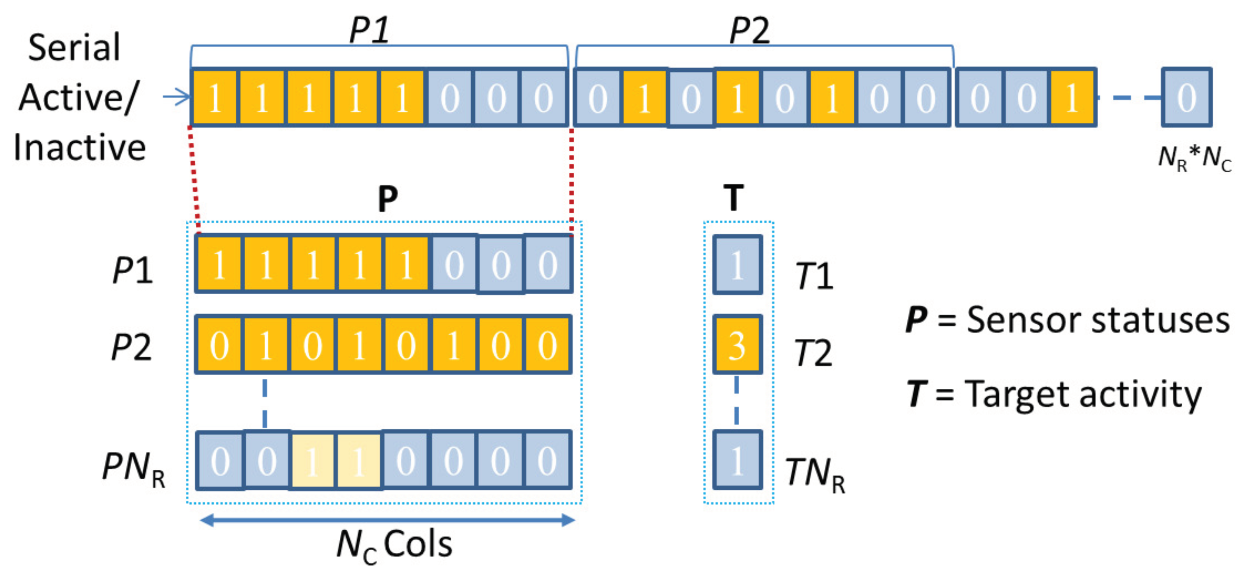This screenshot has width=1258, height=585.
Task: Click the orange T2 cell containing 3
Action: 737,345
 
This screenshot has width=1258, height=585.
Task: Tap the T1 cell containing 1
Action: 737,265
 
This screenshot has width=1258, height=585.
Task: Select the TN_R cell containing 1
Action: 737,460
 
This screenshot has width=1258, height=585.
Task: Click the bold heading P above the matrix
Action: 388,199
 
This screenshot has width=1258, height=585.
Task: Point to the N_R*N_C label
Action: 1195,159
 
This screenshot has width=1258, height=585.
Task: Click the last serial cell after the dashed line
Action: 1186,97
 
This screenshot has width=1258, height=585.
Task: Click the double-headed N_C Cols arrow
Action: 387,520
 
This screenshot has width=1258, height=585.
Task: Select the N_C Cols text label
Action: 395,546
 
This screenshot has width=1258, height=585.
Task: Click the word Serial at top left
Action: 74,47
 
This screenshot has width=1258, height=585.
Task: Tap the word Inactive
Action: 80,148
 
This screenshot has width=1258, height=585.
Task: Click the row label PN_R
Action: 133,467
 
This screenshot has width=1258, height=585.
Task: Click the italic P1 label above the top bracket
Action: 369,30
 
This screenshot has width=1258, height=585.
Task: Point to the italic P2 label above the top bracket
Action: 749,30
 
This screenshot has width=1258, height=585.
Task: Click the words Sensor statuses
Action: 1098,320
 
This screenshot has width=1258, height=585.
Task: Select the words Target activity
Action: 1083,394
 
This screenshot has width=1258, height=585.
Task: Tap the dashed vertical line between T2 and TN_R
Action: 736,400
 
